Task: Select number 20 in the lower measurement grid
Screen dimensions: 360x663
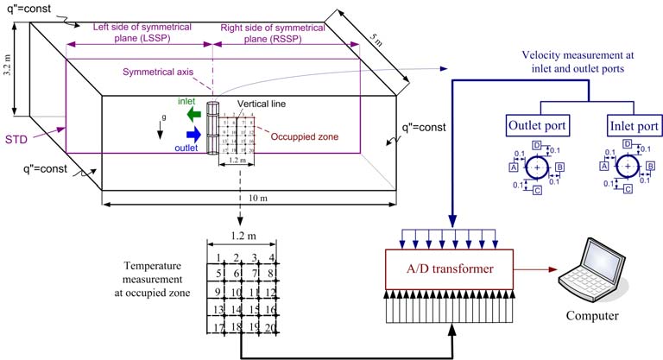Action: coord(272,328)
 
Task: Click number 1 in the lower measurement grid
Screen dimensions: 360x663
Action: coord(220,257)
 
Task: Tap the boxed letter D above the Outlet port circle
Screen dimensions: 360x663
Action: coord(537,145)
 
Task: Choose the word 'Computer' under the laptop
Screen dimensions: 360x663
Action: coord(592,316)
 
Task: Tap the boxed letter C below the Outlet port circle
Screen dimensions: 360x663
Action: coord(537,189)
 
